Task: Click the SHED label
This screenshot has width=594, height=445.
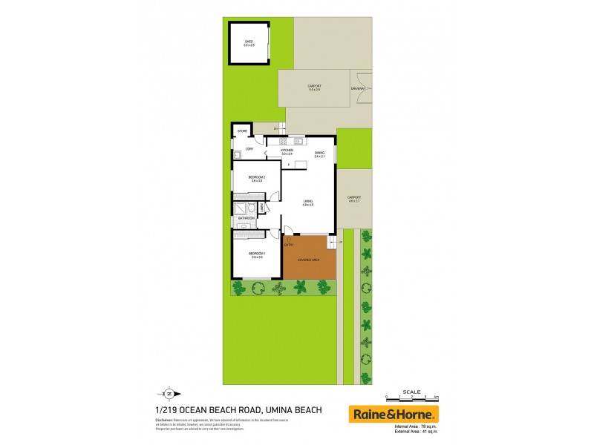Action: (x=248, y=42)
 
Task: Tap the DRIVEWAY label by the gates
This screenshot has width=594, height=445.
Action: (x=358, y=88)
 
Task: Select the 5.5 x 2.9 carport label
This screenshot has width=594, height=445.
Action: (x=314, y=87)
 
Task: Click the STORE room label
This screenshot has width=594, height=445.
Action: (x=242, y=131)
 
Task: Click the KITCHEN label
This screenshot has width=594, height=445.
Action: (x=287, y=150)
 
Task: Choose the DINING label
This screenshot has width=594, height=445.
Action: (x=320, y=154)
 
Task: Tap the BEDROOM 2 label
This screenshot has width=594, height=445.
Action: (x=257, y=178)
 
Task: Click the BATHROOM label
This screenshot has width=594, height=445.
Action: (x=247, y=218)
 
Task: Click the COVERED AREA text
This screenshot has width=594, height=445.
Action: (x=308, y=260)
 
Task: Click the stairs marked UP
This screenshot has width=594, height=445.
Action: (x=332, y=242)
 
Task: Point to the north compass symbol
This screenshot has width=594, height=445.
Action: (x=169, y=394)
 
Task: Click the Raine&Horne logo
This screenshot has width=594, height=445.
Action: (x=394, y=414)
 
